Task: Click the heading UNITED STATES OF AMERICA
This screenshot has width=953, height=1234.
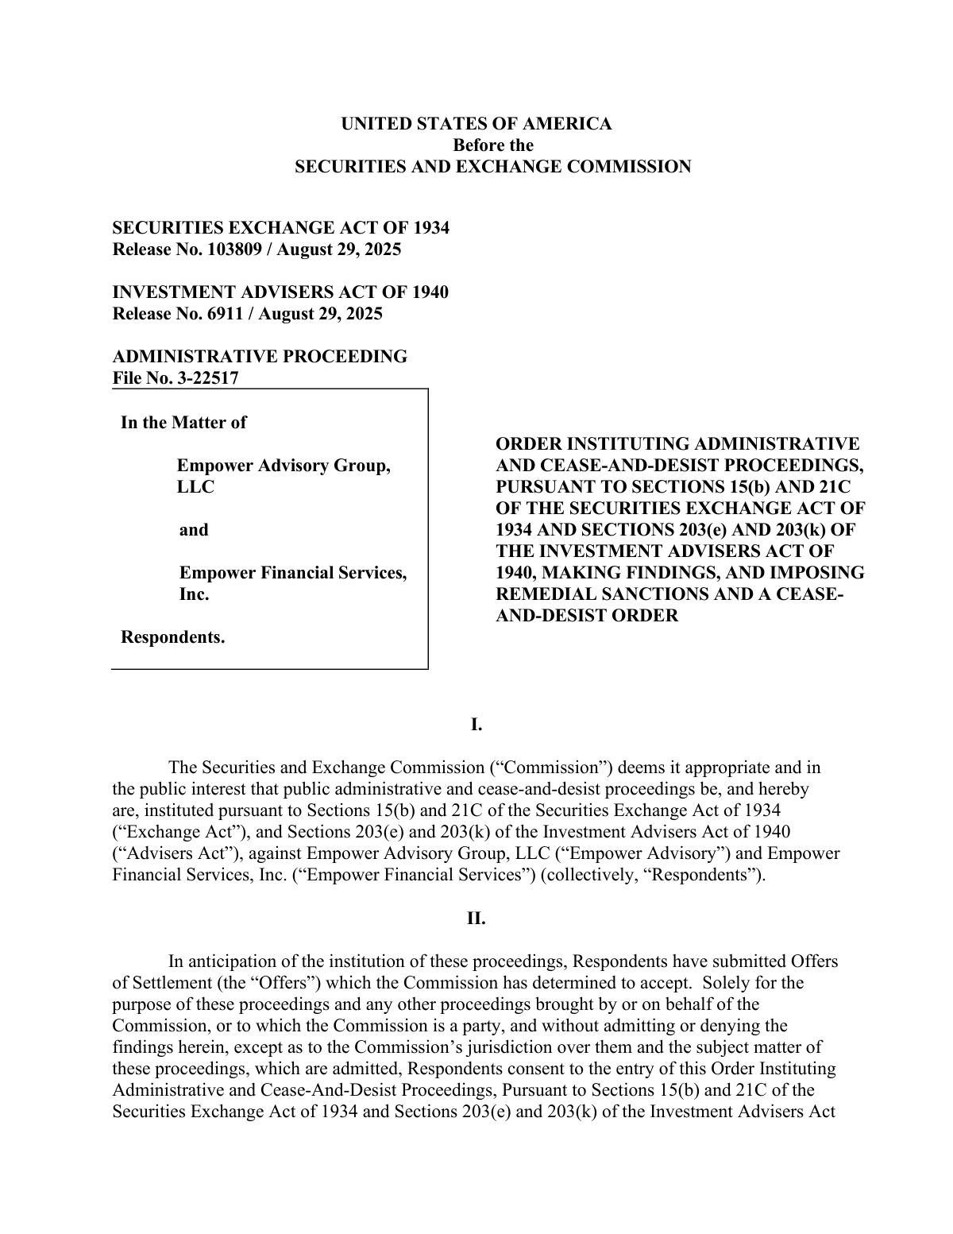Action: [476, 124]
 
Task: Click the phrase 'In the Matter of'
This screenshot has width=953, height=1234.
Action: [183, 423]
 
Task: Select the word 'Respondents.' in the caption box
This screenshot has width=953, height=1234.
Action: [172, 637]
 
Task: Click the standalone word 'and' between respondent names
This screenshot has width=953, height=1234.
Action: [194, 530]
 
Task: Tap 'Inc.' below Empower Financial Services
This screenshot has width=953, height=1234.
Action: [195, 594]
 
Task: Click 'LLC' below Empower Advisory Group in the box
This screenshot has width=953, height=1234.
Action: [195, 487]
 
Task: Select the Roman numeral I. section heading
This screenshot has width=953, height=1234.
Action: [476, 725]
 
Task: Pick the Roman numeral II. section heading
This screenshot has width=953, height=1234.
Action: [476, 919]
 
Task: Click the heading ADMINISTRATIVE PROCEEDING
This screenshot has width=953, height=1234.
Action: [260, 357]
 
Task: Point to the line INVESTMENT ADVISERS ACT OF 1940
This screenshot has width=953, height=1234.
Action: [280, 292]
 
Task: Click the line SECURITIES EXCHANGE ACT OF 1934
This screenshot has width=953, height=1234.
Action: [280, 228]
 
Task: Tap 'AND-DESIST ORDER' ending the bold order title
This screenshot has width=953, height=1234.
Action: [587, 616]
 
